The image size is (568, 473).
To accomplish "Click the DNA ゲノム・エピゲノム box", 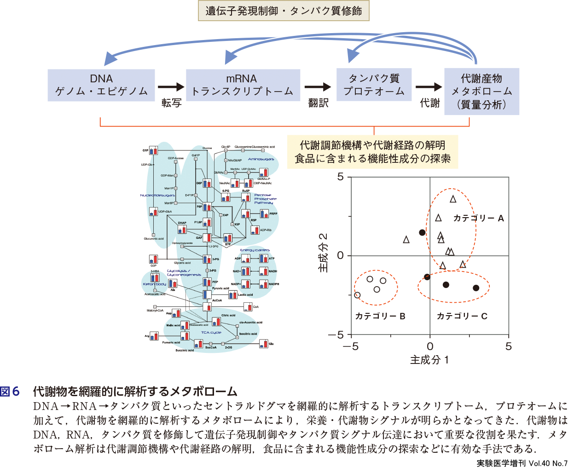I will [101, 85].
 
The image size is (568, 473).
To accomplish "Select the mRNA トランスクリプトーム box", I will [243, 85].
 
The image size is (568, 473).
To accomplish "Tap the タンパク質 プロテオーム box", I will [374, 85].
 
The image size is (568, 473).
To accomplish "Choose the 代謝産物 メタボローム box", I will [481, 91].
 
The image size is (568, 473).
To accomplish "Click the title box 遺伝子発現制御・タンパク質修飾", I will [284, 11].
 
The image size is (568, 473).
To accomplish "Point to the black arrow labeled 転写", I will [171, 87].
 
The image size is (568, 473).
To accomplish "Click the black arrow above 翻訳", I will [318, 87].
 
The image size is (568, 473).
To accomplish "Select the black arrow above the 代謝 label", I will [429, 87].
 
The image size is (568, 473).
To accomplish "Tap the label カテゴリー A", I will [479, 218].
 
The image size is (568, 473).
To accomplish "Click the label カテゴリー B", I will [380, 316].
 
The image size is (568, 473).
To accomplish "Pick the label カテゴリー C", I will [462, 316].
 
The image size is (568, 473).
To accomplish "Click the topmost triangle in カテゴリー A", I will [453, 199].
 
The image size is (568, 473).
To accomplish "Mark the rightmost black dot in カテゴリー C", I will [476, 288].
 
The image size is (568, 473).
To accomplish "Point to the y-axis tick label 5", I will [341, 177].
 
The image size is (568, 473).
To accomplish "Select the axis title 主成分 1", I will [429, 360].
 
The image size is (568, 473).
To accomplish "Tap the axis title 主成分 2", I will [324, 252].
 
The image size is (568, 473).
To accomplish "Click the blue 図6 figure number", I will [10, 392].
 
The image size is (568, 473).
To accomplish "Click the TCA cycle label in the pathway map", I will [211, 332].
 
